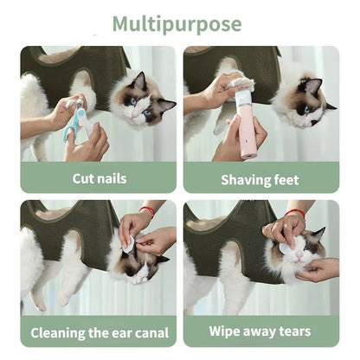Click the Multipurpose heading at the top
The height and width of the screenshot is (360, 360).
(x=179, y=23)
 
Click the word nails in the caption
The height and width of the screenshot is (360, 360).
(x=110, y=178)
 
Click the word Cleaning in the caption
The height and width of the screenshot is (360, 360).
(x=64, y=332)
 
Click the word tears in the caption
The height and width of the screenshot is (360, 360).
(x=294, y=331)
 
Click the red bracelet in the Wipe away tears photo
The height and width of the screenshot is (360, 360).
(x=295, y=213)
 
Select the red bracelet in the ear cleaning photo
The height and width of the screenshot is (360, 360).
(x=147, y=210)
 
